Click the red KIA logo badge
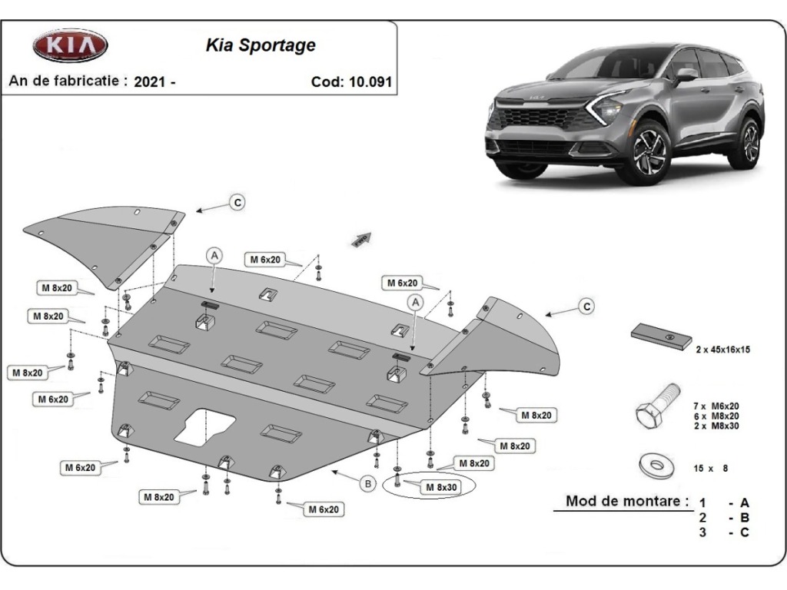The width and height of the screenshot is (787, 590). coord(70,45)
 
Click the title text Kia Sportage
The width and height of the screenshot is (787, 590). coord(261,45)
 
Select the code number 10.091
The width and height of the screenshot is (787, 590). coord(371,81)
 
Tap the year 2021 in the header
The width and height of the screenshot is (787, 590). coord(150,81)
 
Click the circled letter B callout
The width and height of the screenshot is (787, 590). coord(368,484)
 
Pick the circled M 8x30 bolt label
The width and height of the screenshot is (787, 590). coord(441,487)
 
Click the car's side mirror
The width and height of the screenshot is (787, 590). coord(685,75)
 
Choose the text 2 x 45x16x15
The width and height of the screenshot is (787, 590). coord(722,350)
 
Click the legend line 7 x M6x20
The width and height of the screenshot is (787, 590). coord(716,406)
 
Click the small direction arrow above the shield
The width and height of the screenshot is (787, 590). coord(361,240)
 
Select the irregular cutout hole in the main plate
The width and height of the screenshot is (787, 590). coord(204,427)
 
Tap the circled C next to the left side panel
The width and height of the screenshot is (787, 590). coord(237,203)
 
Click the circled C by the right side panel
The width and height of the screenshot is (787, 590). coord(586,307)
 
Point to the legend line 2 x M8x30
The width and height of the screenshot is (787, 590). coord(716,426)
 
